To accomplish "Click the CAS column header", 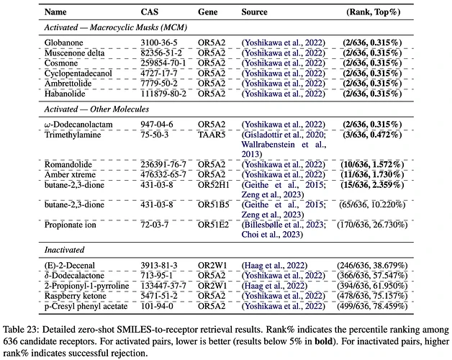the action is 149,12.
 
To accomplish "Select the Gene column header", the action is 207,12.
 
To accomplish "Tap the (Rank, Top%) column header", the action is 374,12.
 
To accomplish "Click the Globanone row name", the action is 64,42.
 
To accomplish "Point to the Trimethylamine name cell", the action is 73,135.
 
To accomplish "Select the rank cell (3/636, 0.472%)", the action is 372,135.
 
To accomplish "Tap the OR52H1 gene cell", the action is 214,185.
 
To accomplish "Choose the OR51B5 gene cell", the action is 214,204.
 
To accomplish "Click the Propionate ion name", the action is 70,225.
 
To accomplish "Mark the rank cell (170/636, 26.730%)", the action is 372,225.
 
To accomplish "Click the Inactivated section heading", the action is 64,250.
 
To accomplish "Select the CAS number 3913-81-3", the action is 159,266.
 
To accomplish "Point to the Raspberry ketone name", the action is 76,296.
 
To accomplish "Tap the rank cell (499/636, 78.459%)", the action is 372,306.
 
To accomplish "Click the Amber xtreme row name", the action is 70,175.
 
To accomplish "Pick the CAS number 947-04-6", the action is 157,125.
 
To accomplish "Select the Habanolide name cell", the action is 65,94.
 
